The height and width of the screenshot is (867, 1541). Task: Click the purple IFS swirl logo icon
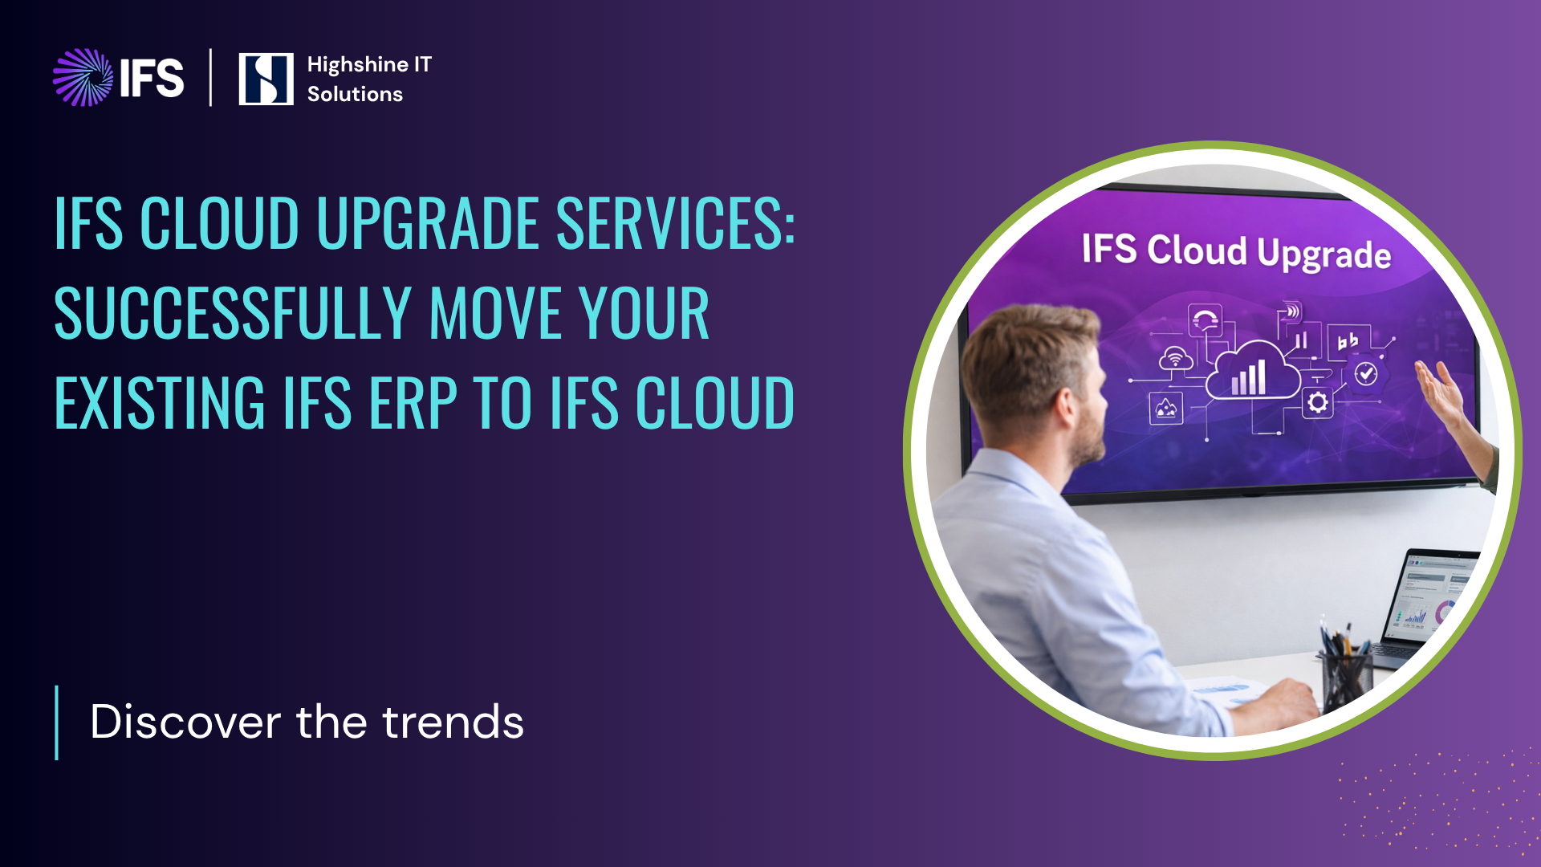[x=83, y=78]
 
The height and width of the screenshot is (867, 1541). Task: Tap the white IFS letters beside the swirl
[x=152, y=78]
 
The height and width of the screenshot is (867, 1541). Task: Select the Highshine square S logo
[x=266, y=79]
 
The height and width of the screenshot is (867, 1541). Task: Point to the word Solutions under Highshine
[x=355, y=94]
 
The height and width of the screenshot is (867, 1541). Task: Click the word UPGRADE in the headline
[x=428, y=222]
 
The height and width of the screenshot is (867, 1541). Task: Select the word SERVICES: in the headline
[x=676, y=222]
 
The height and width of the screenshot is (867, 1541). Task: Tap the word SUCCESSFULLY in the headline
[x=233, y=313]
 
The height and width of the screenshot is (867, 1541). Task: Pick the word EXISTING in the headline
[x=160, y=403]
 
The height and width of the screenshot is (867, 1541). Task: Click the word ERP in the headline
[x=413, y=403]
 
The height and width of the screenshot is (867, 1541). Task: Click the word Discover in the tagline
[x=185, y=721]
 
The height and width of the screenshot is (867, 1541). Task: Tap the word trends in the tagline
[x=453, y=721]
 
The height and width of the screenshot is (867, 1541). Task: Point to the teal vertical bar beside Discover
[x=56, y=722]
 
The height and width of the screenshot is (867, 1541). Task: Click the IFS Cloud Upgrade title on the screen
[x=1236, y=251]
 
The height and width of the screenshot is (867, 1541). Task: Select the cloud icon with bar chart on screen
[x=1253, y=371]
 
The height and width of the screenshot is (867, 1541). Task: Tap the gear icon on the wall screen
[x=1317, y=402]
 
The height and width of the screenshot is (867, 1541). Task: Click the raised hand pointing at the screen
[x=1445, y=393]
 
